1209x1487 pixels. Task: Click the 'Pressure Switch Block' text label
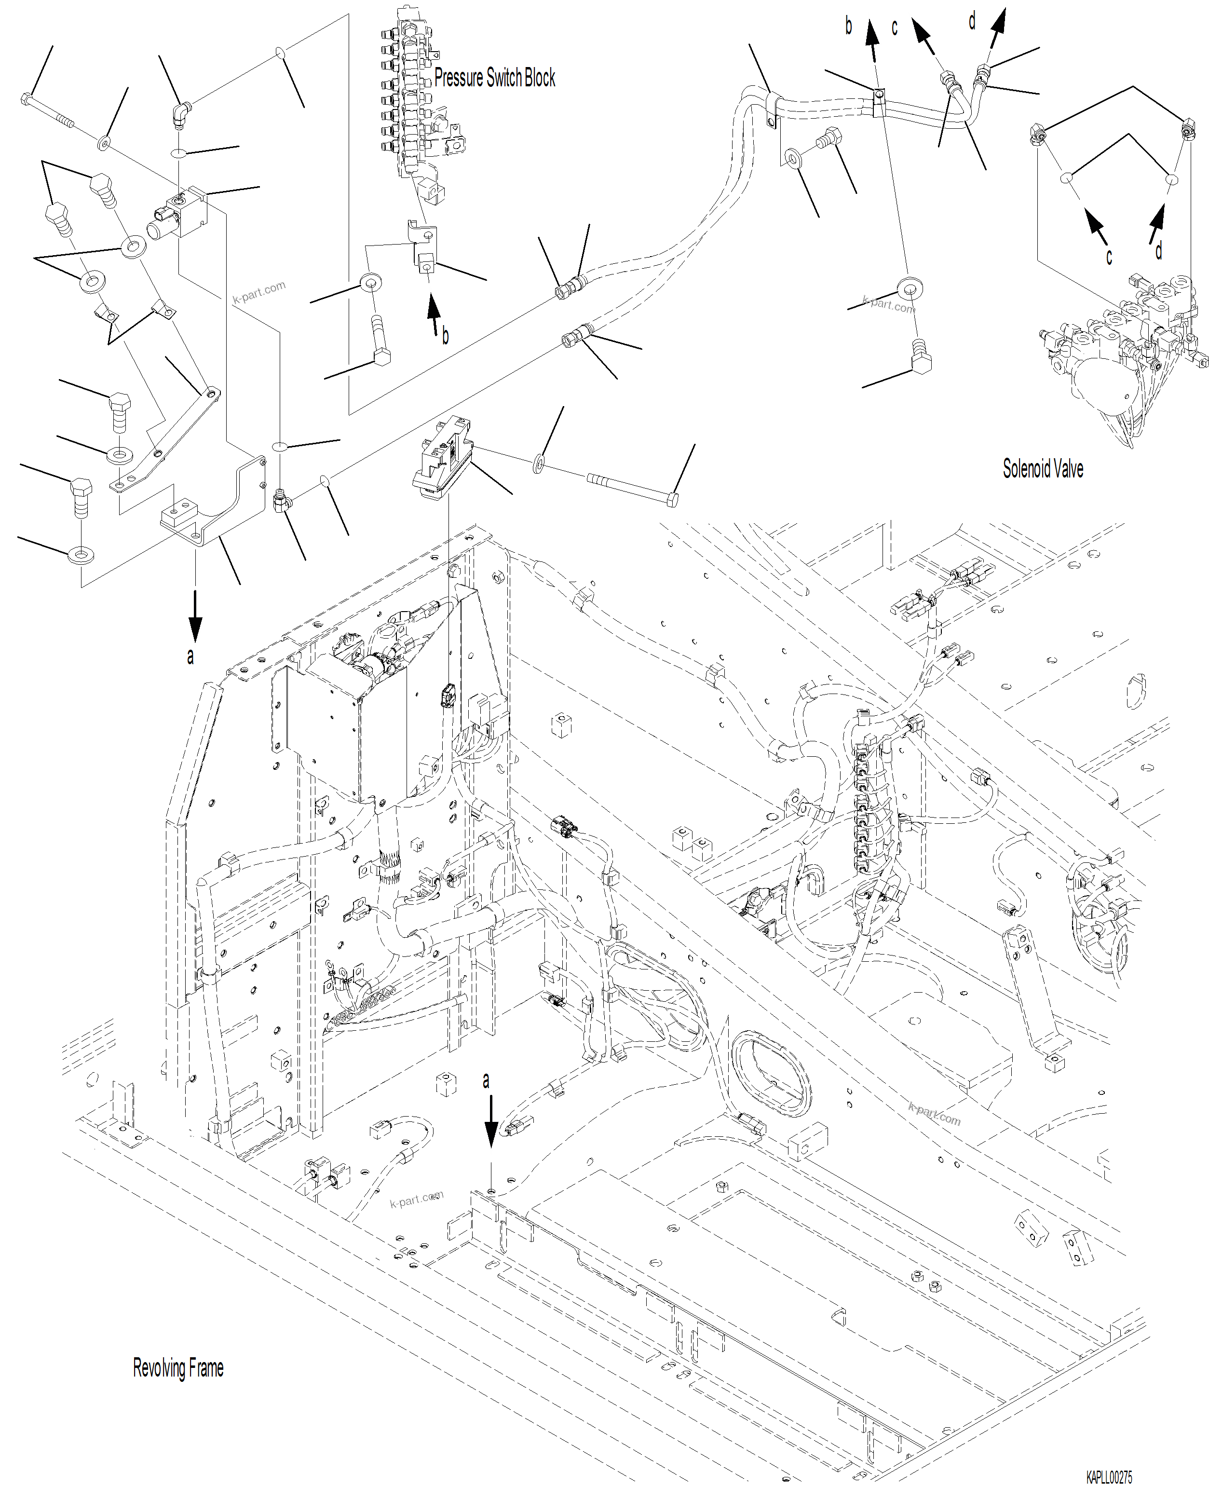pyautogui.click(x=494, y=78)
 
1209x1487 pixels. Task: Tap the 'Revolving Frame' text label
pyautogui.click(x=178, y=1368)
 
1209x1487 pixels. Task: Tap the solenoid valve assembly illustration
pyautogui.click(x=1121, y=348)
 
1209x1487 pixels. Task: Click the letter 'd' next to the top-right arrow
pyautogui.click(x=972, y=22)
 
